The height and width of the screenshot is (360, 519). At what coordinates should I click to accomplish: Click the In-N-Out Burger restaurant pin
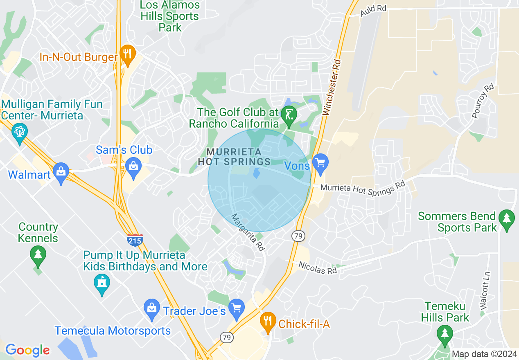[128, 55]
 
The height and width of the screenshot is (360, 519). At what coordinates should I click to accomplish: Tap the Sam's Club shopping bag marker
[133, 167]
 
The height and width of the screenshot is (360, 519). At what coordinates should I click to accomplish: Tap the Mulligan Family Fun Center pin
[20, 132]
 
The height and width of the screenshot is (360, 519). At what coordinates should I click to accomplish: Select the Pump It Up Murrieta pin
[102, 283]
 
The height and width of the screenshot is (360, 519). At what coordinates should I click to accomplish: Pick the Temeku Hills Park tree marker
[445, 334]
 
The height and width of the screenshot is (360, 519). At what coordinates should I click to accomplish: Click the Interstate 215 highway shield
[135, 240]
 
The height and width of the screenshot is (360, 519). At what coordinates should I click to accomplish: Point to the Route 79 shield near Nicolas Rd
[298, 236]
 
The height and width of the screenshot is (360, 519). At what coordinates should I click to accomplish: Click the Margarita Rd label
[248, 232]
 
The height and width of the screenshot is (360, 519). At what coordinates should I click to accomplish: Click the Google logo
[27, 350]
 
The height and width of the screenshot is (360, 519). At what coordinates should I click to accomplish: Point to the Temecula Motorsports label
[113, 331]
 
